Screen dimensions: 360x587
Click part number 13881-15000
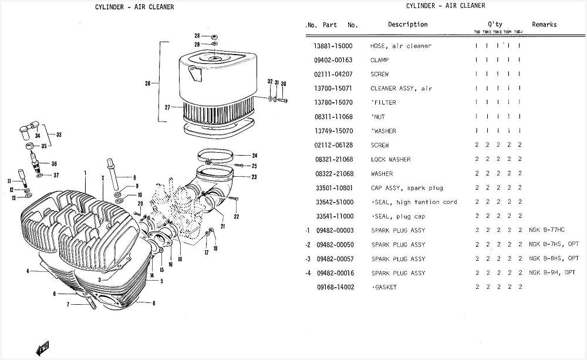pos(333,46)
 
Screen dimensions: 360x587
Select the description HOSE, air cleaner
pos(400,46)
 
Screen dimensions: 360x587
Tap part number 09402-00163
pos(333,60)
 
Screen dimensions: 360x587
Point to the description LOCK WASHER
pos(390,160)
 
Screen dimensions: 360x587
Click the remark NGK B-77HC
pos(546,230)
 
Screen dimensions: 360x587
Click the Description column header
pos(407,25)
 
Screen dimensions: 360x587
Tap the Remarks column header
pos(544,25)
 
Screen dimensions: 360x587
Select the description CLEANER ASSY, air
pos(402,89)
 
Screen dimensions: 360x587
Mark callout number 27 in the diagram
pos(167,107)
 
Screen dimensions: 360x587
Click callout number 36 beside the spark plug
pos(54,164)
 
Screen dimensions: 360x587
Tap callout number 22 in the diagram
pos(237,217)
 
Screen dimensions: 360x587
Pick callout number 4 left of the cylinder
pos(28,271)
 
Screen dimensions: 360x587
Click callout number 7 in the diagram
pos(68,305)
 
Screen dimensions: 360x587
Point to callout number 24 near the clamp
pos(254,156)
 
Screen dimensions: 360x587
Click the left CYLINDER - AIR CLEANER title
pos(134,7)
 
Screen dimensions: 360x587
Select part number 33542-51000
pos(333,202)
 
